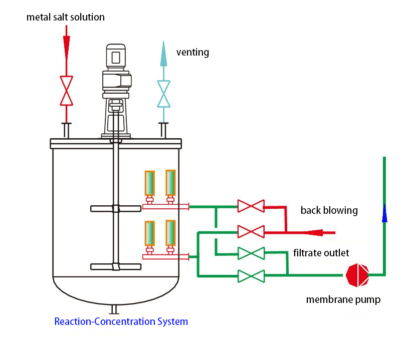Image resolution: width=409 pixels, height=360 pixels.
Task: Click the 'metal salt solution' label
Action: pos(66,17)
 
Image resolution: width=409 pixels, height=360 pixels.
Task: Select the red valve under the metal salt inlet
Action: pos(66,91)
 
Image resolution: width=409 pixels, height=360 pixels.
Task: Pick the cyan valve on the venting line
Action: pos(163,94)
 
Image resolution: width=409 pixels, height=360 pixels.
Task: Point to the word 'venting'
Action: pos(192,52)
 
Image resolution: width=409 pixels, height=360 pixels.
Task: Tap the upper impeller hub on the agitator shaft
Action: pos(116,208)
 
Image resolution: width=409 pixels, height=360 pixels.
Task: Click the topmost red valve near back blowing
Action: pos(251,206)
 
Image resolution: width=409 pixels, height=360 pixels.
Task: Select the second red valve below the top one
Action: pos(251,232)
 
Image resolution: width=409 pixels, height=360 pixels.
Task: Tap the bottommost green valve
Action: pos(251,275)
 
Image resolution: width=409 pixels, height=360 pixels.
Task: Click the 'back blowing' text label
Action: pos(329,210)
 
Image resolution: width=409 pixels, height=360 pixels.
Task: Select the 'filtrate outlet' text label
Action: pos(321,253)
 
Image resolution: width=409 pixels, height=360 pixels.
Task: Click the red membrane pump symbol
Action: pos(357,275)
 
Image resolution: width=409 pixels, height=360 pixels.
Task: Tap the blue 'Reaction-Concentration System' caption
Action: pos(121,321)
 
